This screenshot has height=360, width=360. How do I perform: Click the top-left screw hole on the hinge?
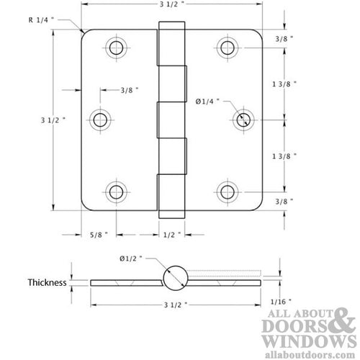click(115, 48)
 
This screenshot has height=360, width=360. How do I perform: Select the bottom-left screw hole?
click(115, 191)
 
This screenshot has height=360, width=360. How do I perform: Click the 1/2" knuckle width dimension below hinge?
click(171, 234)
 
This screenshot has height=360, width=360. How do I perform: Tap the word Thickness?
click(48, 282)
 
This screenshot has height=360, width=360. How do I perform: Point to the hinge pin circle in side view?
click(174, 277)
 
